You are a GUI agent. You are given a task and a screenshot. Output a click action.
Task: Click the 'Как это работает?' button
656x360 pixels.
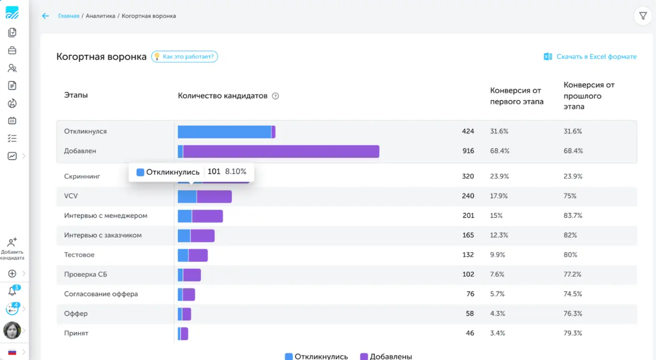coord(185,57)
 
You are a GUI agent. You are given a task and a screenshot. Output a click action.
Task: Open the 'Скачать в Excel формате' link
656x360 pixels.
coord(590,57)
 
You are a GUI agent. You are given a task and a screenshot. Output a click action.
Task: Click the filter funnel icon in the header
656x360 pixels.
coord(643,16)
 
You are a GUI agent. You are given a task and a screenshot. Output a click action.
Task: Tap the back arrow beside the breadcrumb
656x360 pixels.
coord(45,16)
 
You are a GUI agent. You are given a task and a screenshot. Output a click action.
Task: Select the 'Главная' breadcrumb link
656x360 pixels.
coord(69,16)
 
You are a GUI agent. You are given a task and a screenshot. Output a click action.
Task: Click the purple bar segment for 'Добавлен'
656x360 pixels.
coord(281,151)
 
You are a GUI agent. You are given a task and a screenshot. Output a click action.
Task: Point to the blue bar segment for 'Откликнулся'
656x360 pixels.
coord(224,132)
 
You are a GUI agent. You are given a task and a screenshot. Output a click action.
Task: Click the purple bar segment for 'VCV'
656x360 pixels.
coord(214,197)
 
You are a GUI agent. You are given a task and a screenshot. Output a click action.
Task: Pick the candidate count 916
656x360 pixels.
coord(468,151)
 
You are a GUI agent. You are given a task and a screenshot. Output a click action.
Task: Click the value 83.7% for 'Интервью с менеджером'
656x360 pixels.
coord(573,215)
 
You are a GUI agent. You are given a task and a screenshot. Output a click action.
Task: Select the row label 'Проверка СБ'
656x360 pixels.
coord(85,274)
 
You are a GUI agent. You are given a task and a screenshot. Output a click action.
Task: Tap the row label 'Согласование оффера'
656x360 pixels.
coord(101,294)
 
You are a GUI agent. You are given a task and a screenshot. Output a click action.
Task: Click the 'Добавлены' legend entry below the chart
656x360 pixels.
coord(386,356)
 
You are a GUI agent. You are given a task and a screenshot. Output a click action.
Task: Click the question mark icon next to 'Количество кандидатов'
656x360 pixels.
coord(275,96)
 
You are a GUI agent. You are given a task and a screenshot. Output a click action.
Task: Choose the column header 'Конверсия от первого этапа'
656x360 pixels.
coord(517,96)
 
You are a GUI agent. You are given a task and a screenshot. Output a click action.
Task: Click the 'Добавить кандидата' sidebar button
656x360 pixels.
coord(12,249)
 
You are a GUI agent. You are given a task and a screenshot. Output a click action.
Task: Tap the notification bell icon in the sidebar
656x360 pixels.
coord(12,291)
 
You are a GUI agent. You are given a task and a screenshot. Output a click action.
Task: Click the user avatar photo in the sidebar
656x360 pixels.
coord(12,330)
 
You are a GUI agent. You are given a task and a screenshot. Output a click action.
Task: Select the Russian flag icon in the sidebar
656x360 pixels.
coord(12,352)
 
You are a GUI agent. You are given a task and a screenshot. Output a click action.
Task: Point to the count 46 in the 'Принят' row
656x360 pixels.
coord(470,333)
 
